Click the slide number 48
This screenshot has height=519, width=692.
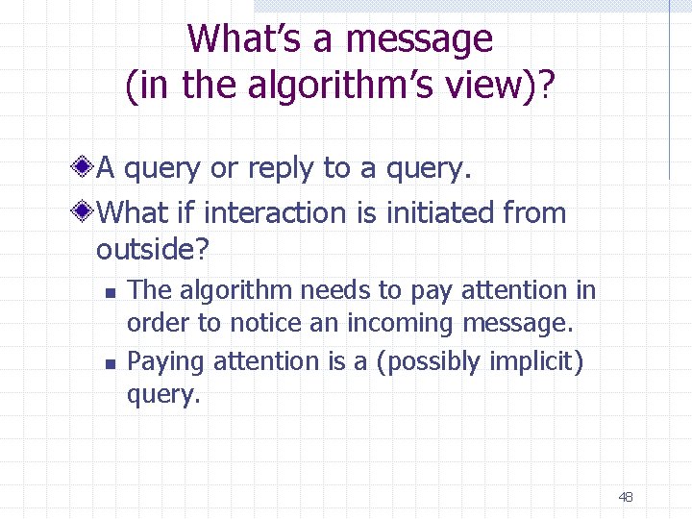click(626, 497)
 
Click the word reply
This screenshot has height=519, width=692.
click(283, 168)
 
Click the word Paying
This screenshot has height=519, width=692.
click(166, 361)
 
